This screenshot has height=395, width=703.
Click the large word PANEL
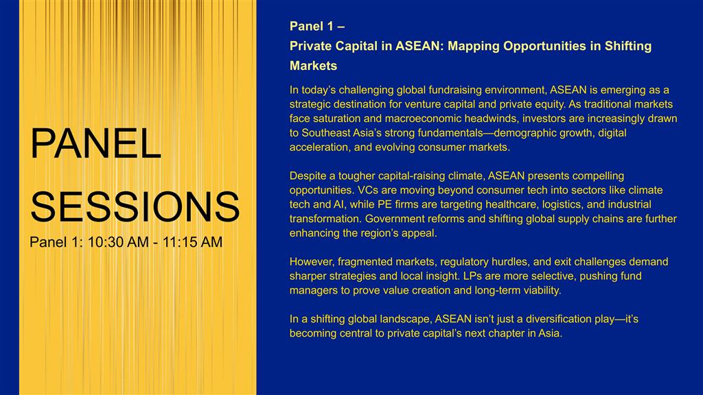[95, 143]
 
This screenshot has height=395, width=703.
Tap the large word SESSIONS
[135, 206]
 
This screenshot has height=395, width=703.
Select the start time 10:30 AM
[118, 242]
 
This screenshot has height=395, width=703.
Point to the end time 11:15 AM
[192, 242]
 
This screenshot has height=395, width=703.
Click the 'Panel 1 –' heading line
[317, 27]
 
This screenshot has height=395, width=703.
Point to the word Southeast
[325, 133]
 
